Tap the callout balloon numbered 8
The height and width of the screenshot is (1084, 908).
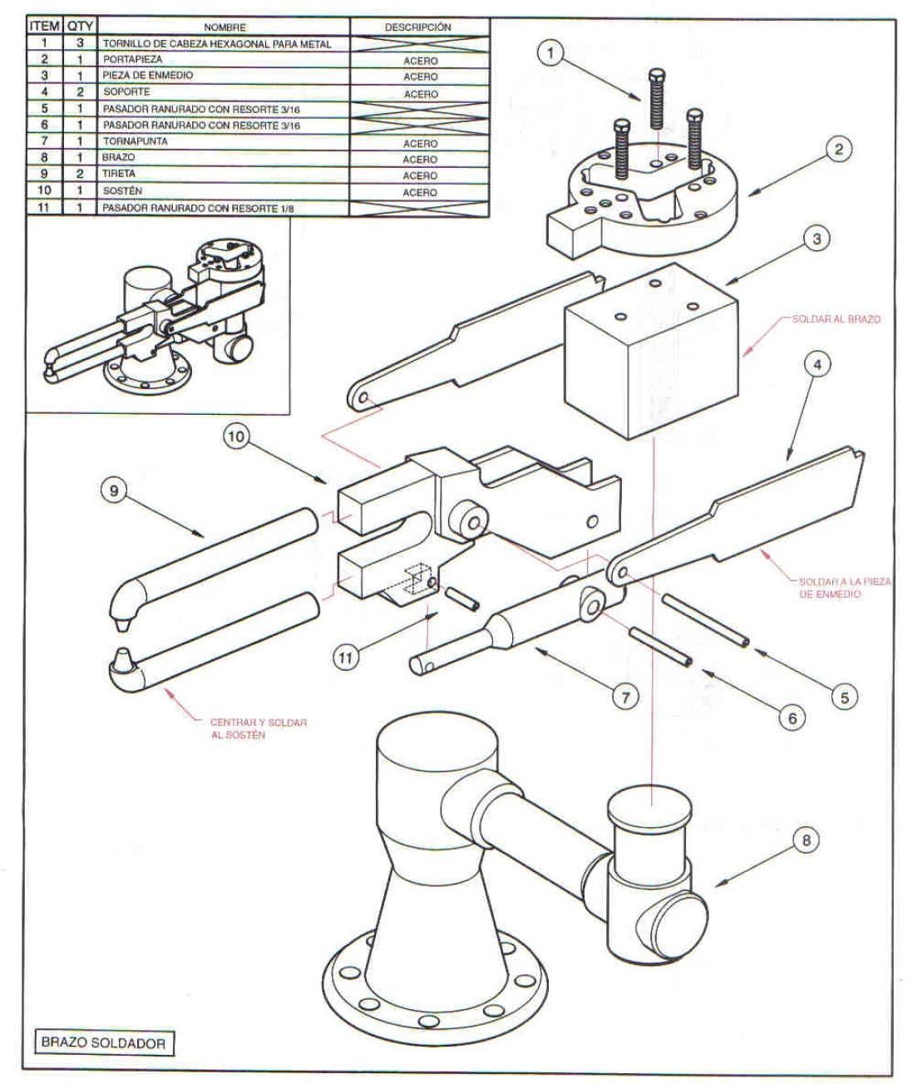tap(807, 840)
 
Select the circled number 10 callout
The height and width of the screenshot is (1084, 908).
tap(236, 436)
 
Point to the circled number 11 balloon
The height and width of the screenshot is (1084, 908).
tap(345, 658)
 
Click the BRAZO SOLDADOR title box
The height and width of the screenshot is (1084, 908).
tap(104, 1042)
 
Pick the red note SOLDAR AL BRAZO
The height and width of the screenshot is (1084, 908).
tap(836, 318)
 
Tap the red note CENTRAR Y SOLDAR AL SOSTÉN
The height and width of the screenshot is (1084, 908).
tap(259, 728)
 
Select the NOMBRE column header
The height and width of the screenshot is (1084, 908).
tap(224, 27)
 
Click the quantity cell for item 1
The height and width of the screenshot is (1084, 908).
tap(80, 43)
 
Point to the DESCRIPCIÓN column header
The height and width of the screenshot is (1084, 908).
tap(419, 27)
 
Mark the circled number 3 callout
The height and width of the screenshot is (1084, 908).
tap(817, 239)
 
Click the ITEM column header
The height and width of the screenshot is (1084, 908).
tap(45, 27)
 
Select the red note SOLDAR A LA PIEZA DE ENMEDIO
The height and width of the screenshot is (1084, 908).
tap(844, 588)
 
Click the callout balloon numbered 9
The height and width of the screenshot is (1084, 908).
tap(114, 490)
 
